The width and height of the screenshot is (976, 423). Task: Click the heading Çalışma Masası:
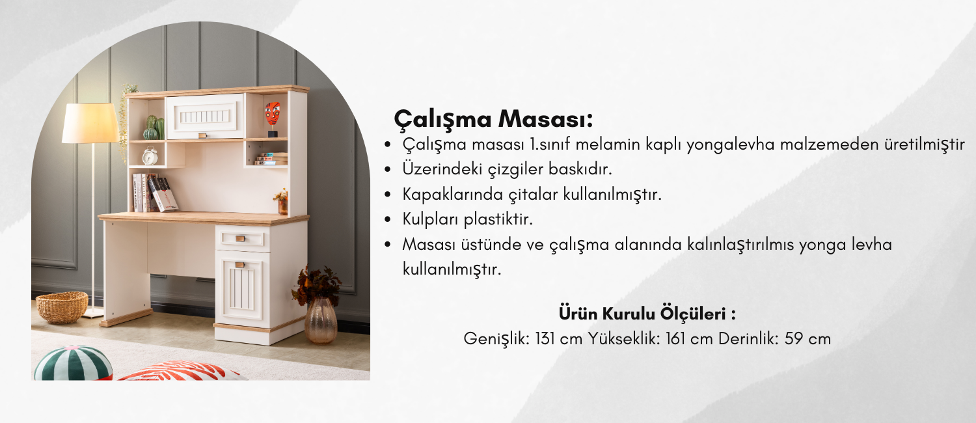tap(493, 118)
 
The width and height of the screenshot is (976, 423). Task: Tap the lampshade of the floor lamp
tap(90, 123)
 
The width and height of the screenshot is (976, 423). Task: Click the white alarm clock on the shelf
tap(150, 156)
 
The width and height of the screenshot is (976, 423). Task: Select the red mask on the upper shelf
tap(273, 114)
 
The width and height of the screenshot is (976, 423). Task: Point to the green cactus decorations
tap(154, 128)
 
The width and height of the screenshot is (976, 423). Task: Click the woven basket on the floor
tap(62, 307)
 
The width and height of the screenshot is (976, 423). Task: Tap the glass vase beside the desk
tap(321, 321)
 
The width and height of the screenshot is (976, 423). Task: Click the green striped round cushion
tap(73, 363)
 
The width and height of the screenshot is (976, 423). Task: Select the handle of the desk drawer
tap(241, 238)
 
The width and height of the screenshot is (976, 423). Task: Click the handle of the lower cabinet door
tap(240, 264)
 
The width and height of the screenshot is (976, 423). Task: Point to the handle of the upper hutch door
tap(202, 135)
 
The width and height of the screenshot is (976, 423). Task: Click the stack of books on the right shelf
tap(271, 159)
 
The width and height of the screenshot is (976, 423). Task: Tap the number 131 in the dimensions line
tap(546, 338)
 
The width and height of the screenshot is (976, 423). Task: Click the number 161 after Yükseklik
tap(676, 338)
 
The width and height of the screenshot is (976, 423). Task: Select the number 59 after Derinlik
tap(794, 338)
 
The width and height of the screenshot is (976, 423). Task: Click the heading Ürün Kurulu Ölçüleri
tap(647, 314)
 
